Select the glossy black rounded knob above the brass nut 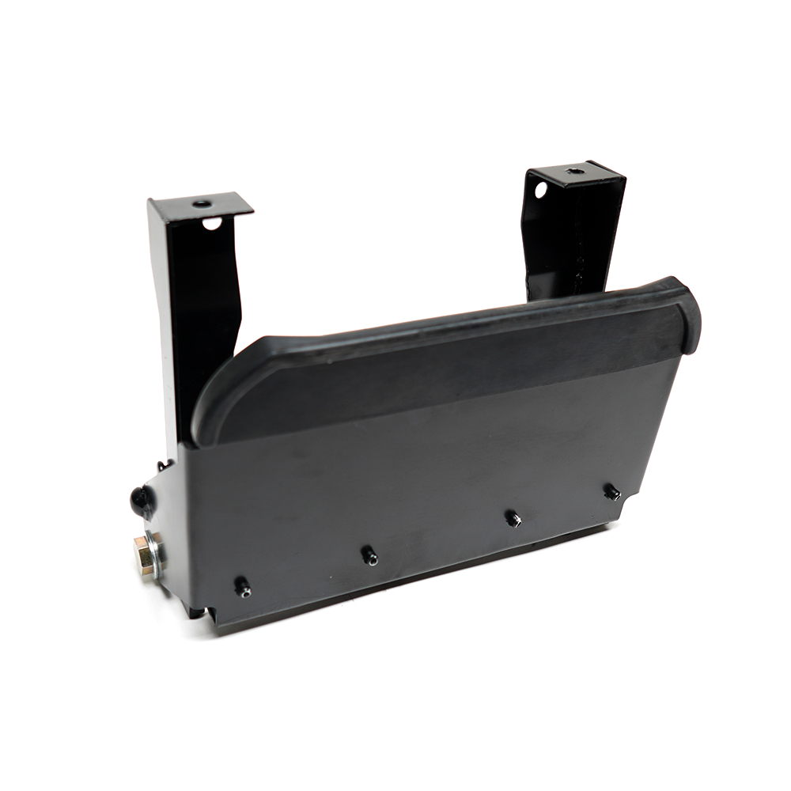click(x=140, y=498)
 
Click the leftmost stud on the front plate click(x=243, y=587)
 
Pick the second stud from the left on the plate click(x=369, y=555)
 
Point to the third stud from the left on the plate click(x=512, y=518)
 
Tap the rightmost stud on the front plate click(x=611, y=492)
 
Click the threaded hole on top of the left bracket click(x=202, y=204)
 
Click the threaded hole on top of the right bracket click(x=575, y=171)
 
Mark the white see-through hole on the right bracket click(x=540, y=190)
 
